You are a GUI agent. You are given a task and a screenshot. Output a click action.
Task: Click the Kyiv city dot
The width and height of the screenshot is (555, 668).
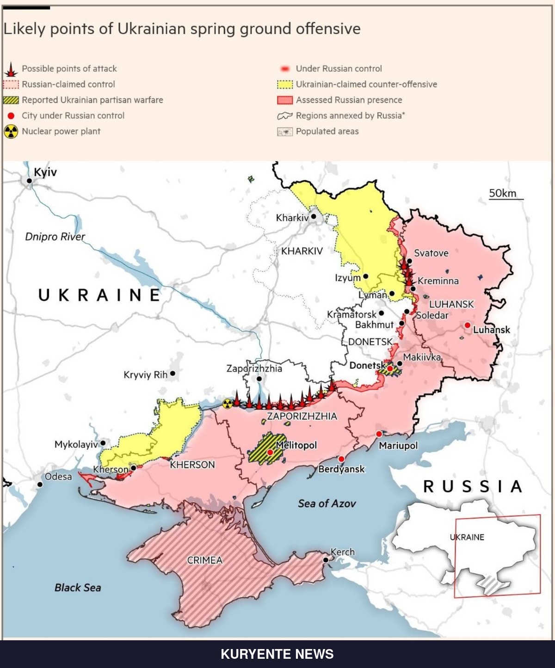point(29,181)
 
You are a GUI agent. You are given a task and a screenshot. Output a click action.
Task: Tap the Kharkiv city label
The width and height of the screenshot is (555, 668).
point(292,218)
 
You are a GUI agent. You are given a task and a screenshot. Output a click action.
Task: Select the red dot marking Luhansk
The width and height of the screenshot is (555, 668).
point(468,325)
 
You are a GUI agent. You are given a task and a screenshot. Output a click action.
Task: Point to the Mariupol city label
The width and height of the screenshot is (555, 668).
point(398,446)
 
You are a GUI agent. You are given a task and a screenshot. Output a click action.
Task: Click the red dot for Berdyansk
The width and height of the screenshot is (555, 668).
point(341,459)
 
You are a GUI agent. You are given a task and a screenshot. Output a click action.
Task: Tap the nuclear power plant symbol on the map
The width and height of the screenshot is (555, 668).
point(227,404)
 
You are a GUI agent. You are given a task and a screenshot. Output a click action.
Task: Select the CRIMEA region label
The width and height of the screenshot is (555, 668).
point(204,560)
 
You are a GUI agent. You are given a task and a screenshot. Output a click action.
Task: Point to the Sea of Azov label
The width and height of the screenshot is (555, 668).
point(327,503)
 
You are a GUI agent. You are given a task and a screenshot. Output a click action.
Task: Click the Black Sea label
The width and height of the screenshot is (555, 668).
point(78,588)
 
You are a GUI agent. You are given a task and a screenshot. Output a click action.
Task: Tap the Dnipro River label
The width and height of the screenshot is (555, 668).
point(55,237)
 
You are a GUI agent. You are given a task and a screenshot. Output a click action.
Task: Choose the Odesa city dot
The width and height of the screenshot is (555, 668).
point(40,484)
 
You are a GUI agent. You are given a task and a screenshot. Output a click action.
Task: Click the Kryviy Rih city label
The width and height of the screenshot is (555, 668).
point(145,374)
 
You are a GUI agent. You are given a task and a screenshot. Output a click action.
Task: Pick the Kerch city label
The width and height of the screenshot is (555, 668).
point(343,552)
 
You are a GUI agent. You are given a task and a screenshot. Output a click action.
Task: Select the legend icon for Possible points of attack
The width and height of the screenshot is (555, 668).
point(11,69)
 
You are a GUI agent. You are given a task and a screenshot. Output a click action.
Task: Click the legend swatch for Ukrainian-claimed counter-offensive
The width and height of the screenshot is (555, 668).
point(285,85)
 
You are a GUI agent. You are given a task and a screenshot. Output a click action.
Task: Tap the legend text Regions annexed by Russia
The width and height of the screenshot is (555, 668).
point(350,116)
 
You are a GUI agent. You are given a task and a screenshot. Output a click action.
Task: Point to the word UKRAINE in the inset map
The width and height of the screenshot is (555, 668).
point(467,537)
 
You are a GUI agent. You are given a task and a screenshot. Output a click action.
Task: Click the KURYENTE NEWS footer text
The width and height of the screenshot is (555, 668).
point(277,654)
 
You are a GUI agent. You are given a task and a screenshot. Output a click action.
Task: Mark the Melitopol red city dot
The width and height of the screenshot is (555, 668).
point(270,452)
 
